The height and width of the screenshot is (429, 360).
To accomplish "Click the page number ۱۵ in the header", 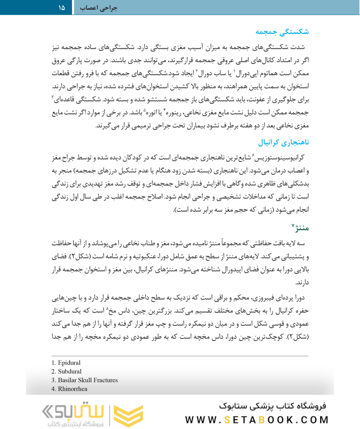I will [62, 7].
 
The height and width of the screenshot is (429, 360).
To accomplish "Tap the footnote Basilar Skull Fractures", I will [85, 380].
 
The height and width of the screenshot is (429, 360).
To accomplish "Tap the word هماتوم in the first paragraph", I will [287, 74].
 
